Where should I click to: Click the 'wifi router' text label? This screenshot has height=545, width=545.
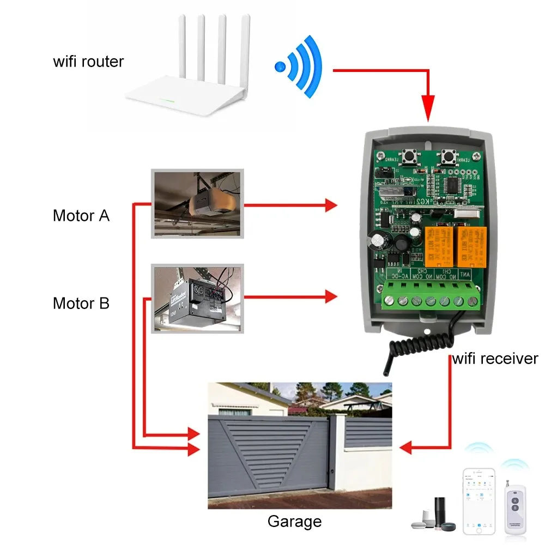[88, 61]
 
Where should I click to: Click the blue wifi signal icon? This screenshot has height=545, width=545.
[299, 67]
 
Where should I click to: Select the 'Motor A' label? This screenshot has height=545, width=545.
[81, 216]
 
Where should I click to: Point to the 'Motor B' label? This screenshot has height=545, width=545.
[81, 303]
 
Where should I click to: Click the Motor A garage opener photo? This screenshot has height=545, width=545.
[197, 203]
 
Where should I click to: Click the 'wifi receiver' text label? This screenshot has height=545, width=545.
[495, 359]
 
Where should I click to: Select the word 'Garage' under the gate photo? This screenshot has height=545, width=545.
[294, 522]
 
